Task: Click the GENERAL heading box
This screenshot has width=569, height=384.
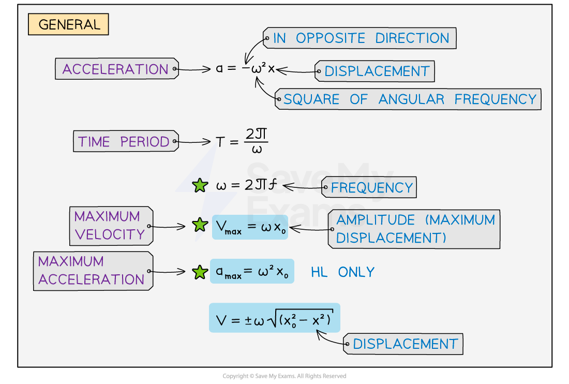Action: [68, 24]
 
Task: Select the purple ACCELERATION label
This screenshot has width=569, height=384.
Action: [116, 69]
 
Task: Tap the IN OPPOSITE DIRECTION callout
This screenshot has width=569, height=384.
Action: [361, 38]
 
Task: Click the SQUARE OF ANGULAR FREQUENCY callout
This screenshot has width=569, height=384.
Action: [409, 99]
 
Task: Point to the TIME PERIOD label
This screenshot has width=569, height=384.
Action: [125, 141]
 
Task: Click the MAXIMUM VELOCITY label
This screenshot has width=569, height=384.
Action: [110, 226]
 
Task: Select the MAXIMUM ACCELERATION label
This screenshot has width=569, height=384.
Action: [92, 271]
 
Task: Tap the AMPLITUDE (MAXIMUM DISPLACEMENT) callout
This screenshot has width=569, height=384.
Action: [415, 229]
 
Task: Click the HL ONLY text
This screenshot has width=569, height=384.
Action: [342, 272]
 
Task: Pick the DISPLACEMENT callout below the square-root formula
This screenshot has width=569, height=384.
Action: [405, 344]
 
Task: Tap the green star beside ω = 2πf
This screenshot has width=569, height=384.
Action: [200, 185]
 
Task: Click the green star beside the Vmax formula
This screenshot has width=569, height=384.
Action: [200, 225]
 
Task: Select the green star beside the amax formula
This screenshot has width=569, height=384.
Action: [200, 272]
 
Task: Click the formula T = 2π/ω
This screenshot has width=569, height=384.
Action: [242, 141]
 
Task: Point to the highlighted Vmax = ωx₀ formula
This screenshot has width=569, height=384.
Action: [250, 227]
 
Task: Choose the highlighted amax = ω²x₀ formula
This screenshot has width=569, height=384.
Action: [252, 271]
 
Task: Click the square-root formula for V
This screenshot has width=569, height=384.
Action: [274, 318]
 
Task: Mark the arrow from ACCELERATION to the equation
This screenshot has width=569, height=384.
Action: [194, 69]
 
